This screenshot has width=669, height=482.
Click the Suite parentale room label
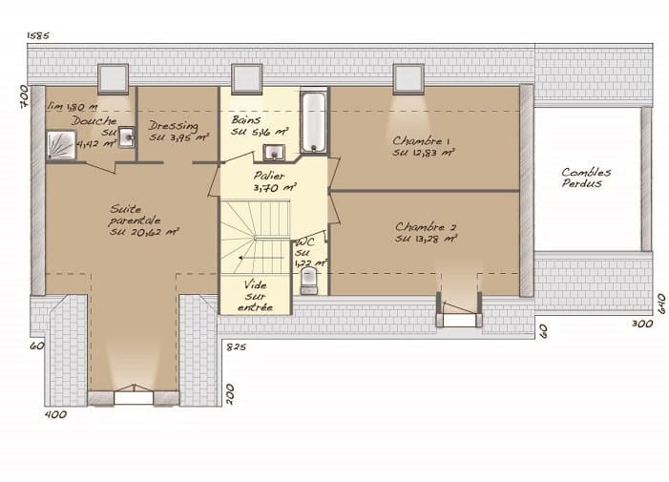[x=144, y=220]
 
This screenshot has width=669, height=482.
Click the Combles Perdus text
[x=585, y=178]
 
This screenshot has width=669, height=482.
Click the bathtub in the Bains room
[x=314, y=123]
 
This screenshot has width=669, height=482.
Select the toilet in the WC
[x=307, y=280]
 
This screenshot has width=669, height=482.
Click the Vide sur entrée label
[x=255, y=296]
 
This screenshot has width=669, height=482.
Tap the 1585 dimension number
[x=38, y=35]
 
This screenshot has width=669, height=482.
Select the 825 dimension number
[x=236, y=346]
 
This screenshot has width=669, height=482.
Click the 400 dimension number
[x=56, y=414]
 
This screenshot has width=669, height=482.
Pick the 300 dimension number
[x=642, y=325]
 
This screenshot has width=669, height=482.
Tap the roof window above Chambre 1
[x=408, y=77]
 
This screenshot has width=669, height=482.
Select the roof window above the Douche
[x=114, y=77]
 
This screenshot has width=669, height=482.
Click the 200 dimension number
[x=230, y=392]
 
